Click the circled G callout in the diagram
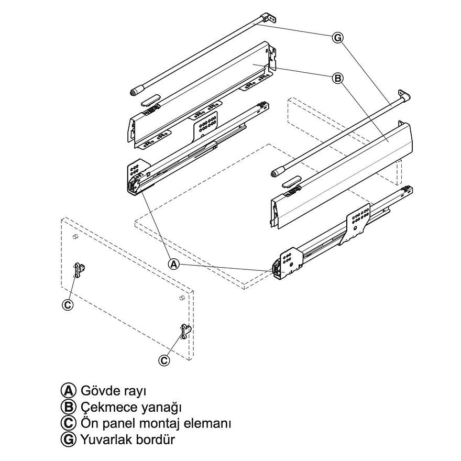[337, 37]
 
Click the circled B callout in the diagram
[337, 79]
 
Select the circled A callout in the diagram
[174, 264]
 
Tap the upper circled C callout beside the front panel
[68, 304]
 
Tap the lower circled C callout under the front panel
[164, 360]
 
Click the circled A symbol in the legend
[68, 391]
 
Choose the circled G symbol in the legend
[68, 439]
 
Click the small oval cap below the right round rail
[291, 181]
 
